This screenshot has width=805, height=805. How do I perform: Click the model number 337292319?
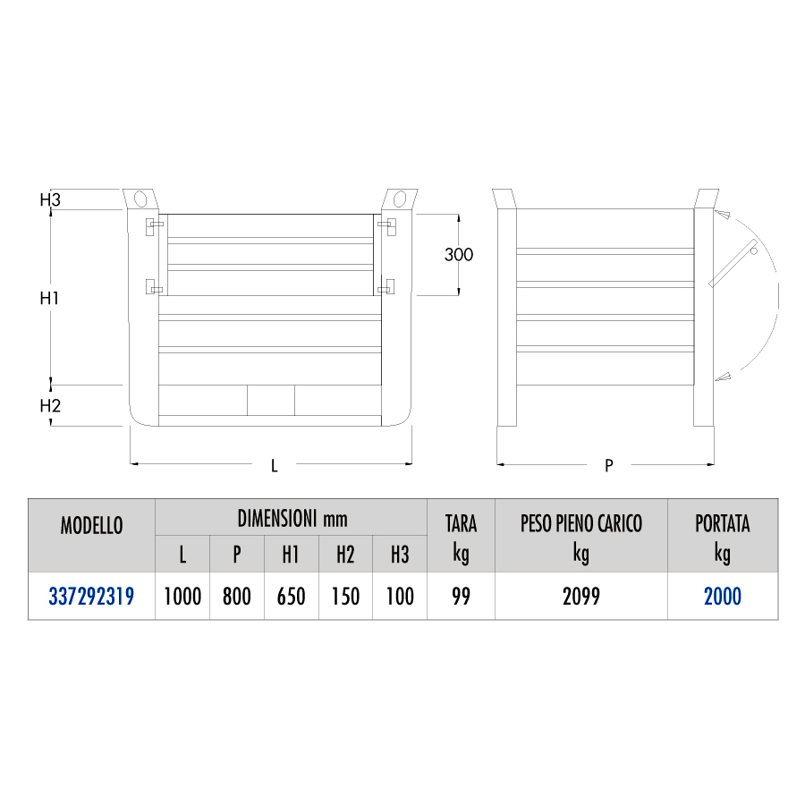[x=91, y=596]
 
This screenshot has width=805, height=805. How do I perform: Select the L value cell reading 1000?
[x=182, y=596]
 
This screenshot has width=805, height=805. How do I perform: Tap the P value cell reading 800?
[x=237, y=596]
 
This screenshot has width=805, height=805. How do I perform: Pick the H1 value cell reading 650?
[x=291, y=596]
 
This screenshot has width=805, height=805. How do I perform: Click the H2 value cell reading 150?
[x=345, y=596]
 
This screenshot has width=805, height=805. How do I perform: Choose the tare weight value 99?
[x=461, y=596]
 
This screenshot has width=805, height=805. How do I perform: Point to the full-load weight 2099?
[x=581, y=596]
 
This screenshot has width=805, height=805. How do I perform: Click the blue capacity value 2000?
[x=723, y=596]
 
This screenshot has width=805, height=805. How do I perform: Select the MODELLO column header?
[x=92, y=526]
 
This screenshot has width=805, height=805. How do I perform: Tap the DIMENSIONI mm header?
[x=292, y=519]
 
